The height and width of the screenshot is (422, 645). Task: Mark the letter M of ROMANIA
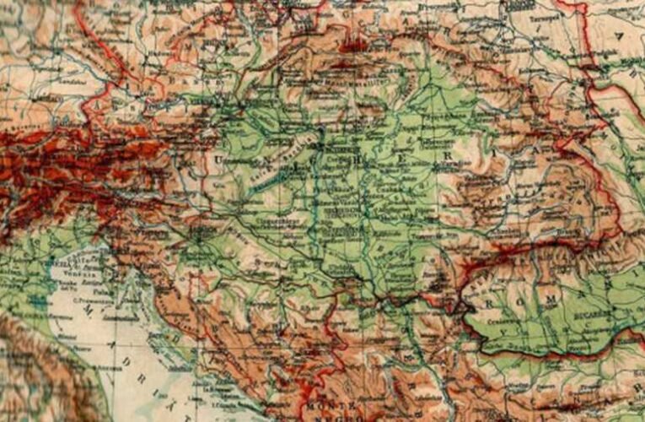[553, 295]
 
